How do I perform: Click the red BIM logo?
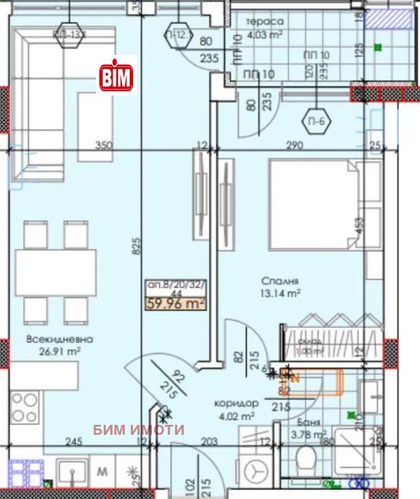(116, 75)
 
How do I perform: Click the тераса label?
(265, 22)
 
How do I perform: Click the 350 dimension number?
(105, 146)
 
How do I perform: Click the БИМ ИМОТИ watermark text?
(140, 429)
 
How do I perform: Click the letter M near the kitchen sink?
(102, 470)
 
